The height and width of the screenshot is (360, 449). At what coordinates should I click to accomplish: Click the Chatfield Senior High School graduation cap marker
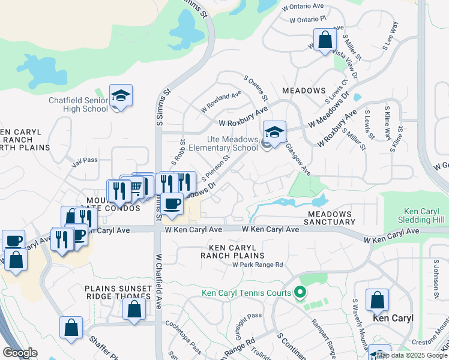click(x=121, y=96)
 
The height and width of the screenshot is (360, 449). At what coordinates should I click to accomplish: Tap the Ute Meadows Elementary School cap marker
click(x=274, y=133)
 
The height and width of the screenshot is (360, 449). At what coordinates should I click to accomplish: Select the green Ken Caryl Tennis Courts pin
click(x=301, y=293)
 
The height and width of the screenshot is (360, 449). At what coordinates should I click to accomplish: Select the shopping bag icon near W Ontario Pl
click(x=325, y=41)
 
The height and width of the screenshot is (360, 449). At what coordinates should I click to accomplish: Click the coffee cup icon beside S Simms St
click(x=172, y=203)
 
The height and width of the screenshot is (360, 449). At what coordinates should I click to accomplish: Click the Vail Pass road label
click(x=84, y=160)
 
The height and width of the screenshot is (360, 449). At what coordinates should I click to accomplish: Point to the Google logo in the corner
click(x=20, y=353)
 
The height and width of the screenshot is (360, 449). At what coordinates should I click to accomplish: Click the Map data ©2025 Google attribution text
click(x=412, y=355)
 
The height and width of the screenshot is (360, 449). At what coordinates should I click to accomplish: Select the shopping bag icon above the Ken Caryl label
click(x=377, y=299)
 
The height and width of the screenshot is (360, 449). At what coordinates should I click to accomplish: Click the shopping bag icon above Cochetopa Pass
click(x=134, y=310)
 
